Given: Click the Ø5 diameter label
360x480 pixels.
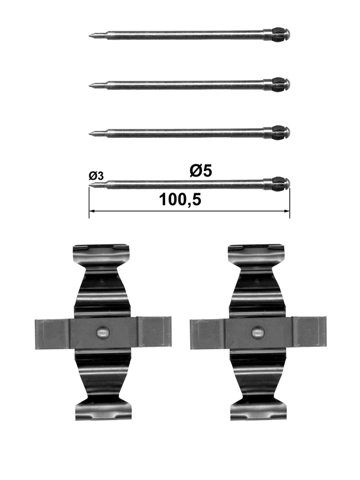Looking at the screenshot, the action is (x=201, y=170).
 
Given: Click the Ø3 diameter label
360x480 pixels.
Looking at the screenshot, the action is (x=96, y=176).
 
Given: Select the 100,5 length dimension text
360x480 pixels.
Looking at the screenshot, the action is (x=180, y=200).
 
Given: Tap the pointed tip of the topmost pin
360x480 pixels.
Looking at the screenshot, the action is (x=89, y=35).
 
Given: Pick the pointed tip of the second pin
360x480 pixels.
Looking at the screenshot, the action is (x=89, y=86).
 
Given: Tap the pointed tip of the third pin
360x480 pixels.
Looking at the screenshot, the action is (x=89, y=133).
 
